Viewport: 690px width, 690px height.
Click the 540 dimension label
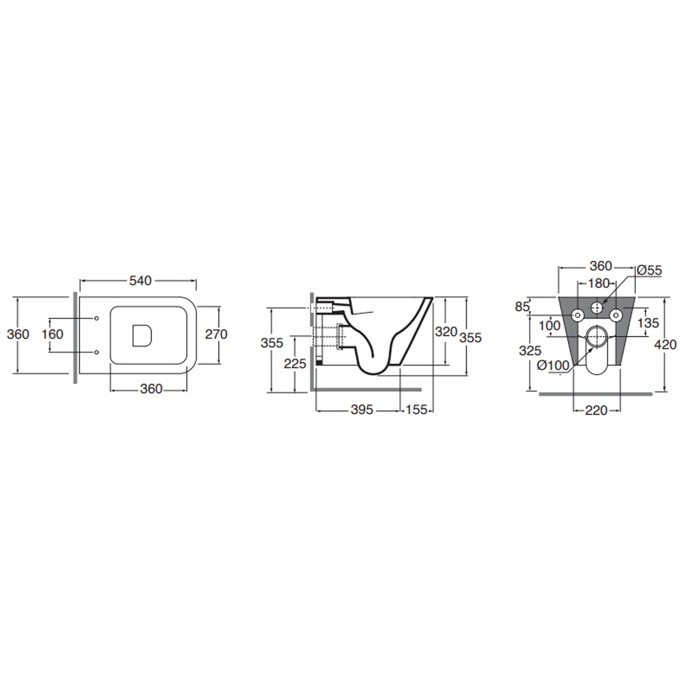pyautogui.click(x=140, y=281)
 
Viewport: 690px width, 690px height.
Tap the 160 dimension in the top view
pyautogui.click(x=52, y=334)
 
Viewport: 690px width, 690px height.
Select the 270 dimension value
pyautogui.click(x=216, y=334)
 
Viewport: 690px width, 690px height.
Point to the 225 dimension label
pyautogui.click(x=295, y=364)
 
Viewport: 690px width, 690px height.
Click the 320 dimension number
pyautogui.click(x=446, y=332)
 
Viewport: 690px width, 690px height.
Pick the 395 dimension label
pyautogui.click(x=362, y=409)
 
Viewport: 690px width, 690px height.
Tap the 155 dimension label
pyautogui.click(x=417, y=409)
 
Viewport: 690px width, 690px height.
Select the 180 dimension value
pyautogui.click(x=599, y=283)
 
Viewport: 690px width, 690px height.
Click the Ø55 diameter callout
pyautogui.click(x=649, y=270)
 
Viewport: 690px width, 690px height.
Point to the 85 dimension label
pyautogui.click(x=523, y=306)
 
